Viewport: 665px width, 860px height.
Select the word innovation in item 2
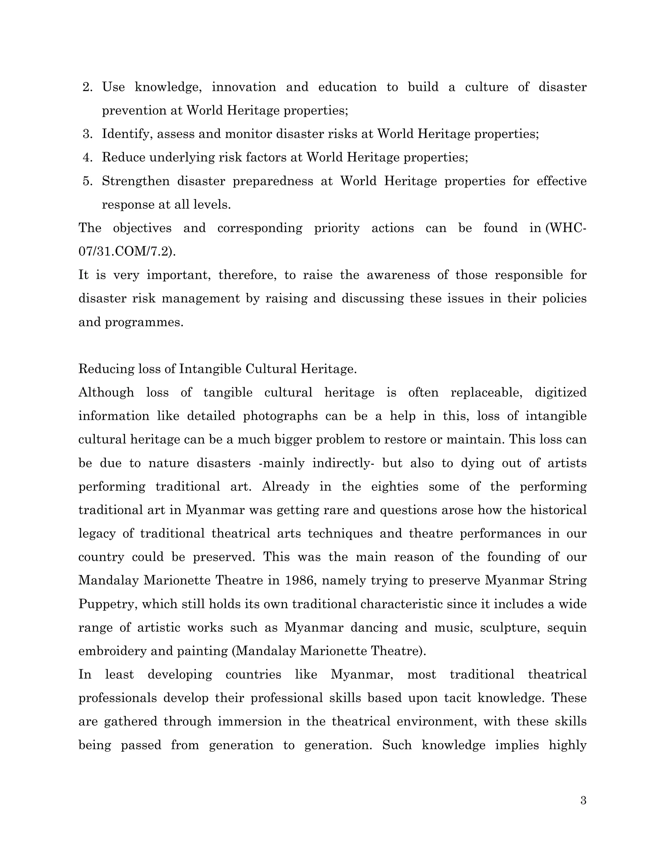pyautogui.click(x=244, y=87)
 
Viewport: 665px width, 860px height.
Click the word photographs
pyautogui.click(x=280, y=416)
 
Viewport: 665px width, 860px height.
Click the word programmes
pyautogui.click(x=144, y=323)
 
